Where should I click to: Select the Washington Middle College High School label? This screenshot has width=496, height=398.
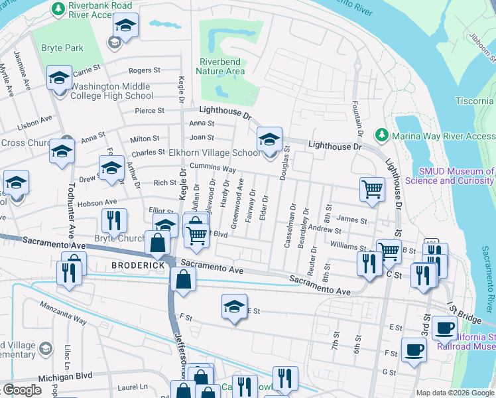point(111,91)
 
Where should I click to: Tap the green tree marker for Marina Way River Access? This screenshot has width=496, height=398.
point(381,136)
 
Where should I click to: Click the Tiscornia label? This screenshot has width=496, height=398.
point(474,101)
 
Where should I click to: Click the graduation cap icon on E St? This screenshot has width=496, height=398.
point(233,306)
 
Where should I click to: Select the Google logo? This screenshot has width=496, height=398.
point(22,390)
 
